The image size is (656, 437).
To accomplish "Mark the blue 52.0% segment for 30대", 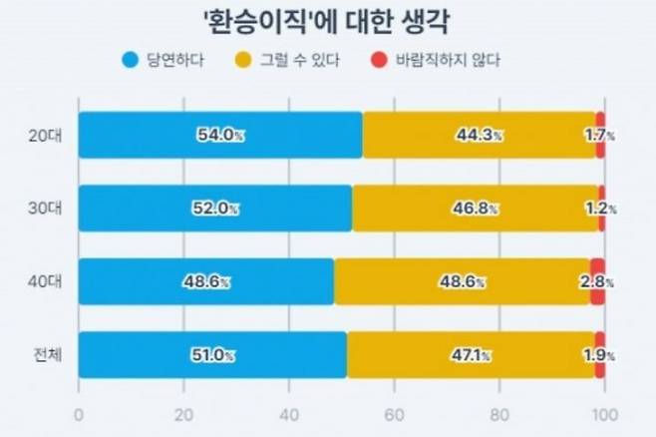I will [214, 209].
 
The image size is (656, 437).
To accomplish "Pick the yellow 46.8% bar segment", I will [476, 209].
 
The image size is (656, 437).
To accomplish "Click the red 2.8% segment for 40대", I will [597, 282].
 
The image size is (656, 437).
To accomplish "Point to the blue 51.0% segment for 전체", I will [212, 355].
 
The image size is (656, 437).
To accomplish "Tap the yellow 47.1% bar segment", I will [472, 355].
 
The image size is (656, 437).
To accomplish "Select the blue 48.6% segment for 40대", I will [206, 282].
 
